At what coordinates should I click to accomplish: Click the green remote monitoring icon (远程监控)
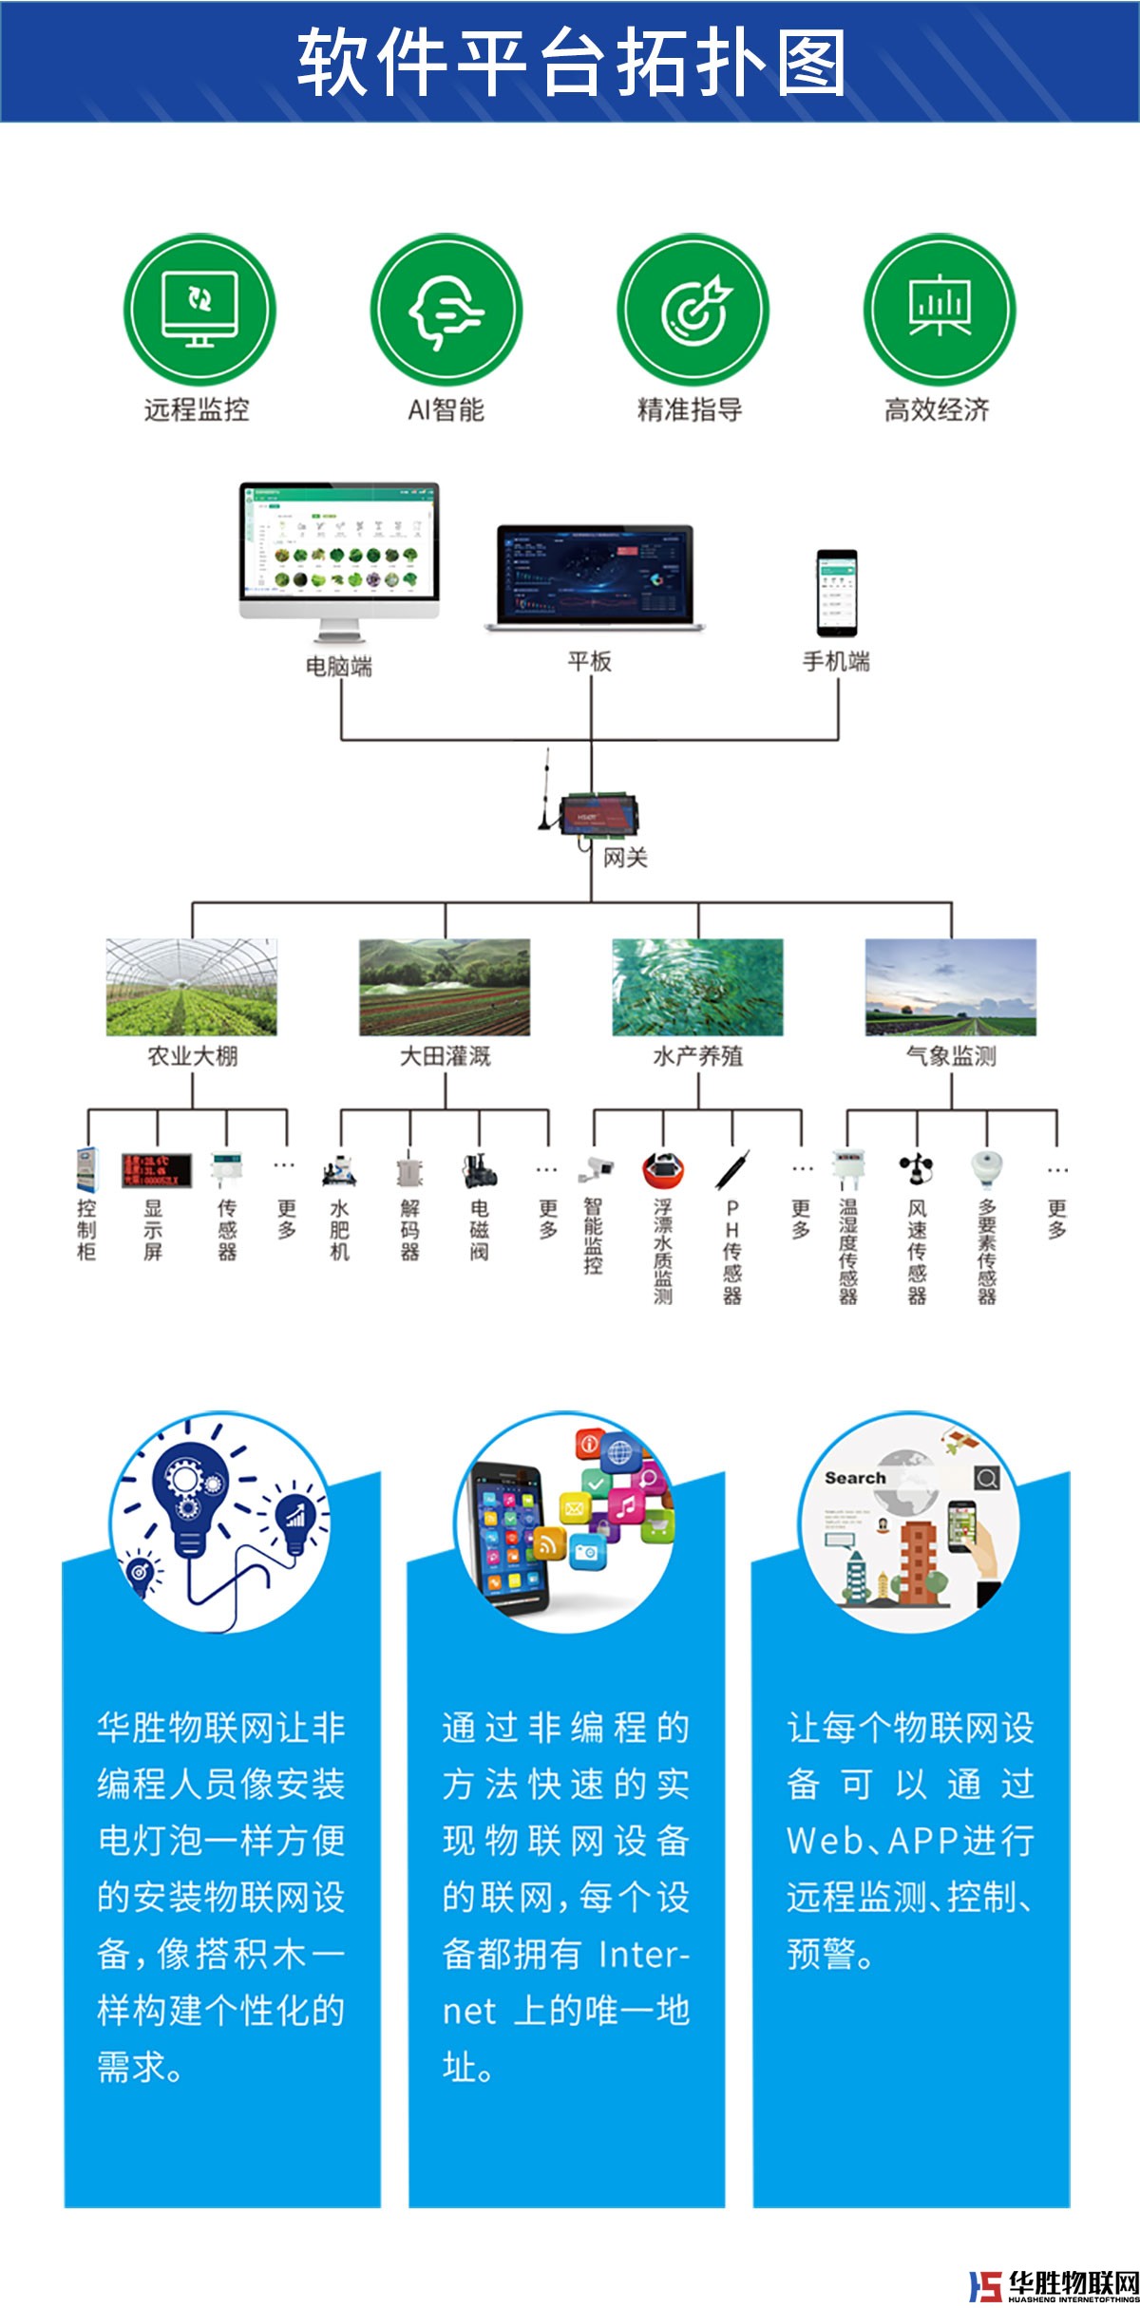[x=199, y=311]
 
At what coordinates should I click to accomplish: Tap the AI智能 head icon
[x=446, y=311]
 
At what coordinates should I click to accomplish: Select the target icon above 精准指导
[x=693, y=311]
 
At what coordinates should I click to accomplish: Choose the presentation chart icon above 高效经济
[x=939, y=311]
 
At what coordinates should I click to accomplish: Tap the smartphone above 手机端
[x=837, y=593]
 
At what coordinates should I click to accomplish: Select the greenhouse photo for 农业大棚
[x=192, y=987]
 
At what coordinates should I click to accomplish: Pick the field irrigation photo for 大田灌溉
[x=445, y=987]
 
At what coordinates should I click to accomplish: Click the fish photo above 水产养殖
[x=697, y=987]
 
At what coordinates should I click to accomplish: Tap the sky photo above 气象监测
[x=950, y=987]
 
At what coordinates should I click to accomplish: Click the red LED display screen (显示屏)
[x=157, y=1170]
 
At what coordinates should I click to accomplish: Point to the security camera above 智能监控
[x=596, y=1167]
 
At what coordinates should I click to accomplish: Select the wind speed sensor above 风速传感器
[x=917, y=1169]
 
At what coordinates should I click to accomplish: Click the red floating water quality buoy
[x=662, y=1170]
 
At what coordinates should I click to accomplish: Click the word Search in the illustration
[x=855, y=1478]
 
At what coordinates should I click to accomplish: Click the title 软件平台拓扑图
[x=570, y=63]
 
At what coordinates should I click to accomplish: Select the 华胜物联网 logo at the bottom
[x=1054, y=2284]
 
